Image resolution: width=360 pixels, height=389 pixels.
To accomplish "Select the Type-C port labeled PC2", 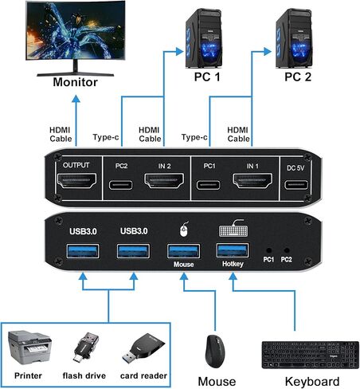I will click(122, 187).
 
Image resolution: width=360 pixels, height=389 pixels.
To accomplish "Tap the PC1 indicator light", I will click(268, 250).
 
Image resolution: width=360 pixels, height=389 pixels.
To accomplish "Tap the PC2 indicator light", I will click(286, 250).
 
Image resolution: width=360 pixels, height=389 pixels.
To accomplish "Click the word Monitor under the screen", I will click(75, 82).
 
